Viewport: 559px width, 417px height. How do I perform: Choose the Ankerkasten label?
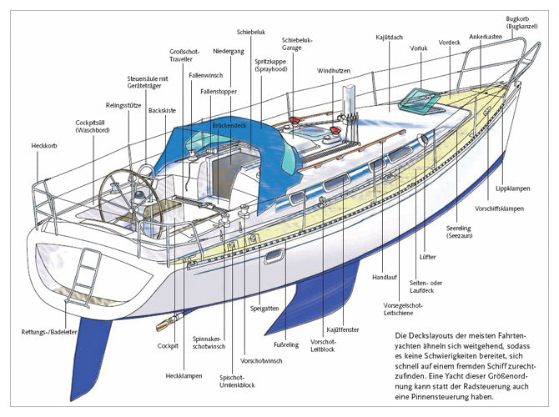[486, 38]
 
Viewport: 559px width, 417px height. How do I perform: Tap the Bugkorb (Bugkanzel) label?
[521, 23]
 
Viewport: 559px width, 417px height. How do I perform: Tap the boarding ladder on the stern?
[84, 267]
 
